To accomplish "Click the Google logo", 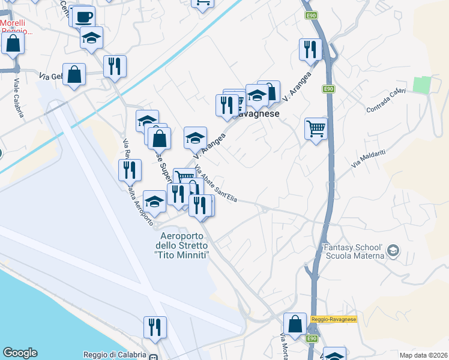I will click(20, 353).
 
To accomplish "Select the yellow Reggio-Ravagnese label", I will click(334, 319).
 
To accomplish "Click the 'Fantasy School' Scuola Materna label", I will click(353, 251).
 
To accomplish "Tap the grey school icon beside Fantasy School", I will click(393, 250).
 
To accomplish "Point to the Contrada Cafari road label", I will click(387, 101).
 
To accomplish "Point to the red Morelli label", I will click(16, 27).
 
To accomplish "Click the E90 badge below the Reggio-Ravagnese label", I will click(311, 339).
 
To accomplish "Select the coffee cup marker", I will click(85, 16).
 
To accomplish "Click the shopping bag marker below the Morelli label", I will click(13, 44).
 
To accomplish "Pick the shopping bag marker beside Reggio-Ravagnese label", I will click(295, 325).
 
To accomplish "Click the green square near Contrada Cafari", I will click(423, 85).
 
